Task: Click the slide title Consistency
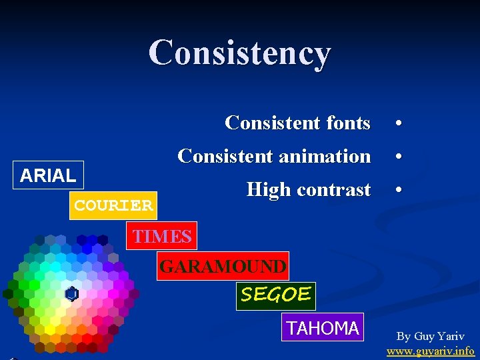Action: tap(239, 53)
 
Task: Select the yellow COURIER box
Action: tap(113, 205)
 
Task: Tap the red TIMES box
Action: tap(162, 236)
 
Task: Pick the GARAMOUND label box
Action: tap(223, 267)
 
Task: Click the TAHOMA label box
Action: tap(323, 327)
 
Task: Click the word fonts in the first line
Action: tap(348, 123)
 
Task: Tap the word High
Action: tap(269, 190)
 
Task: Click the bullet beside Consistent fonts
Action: tap(397, 124)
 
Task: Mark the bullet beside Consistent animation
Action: tap(397, 157)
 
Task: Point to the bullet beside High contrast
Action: tap(397, 191)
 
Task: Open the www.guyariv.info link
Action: tap(431, 351)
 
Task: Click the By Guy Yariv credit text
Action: tap(431, 337)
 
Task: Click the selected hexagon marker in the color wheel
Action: tap(71, 294)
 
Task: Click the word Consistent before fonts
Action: tap(273, 123)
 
